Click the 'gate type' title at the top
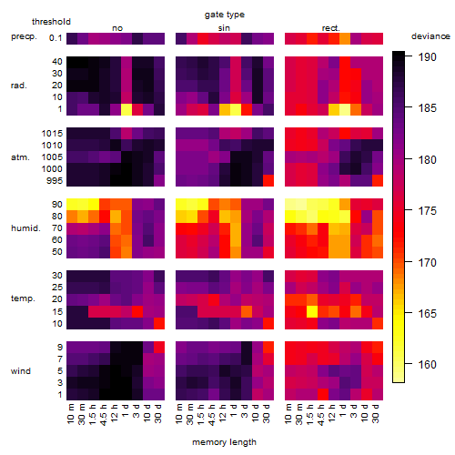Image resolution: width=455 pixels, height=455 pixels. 225,15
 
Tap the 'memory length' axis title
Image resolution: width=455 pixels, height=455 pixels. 224,442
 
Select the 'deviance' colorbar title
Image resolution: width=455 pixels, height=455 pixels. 430,36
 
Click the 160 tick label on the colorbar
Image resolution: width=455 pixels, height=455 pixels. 428,364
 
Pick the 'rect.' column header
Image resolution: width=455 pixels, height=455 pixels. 331,28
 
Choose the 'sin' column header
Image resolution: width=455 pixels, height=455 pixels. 224,28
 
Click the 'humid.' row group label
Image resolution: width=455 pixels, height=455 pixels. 25,228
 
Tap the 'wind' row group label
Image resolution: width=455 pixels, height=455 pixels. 21,371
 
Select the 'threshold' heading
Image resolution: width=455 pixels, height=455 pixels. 51,22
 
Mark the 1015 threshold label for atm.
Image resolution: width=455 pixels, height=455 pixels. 52,134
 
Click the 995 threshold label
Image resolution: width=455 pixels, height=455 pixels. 55,181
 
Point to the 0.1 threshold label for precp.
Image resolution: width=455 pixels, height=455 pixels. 56,38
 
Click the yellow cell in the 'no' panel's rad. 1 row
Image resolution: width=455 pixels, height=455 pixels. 126,109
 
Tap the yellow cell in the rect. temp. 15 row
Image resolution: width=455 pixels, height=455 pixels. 312,311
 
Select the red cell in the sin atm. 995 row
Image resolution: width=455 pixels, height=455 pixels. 268,180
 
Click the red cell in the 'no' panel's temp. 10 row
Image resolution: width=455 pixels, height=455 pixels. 159,323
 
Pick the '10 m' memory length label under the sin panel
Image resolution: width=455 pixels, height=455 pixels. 180,413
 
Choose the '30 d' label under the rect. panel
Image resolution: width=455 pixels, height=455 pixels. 377,413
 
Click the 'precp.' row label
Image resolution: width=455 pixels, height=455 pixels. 24,37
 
